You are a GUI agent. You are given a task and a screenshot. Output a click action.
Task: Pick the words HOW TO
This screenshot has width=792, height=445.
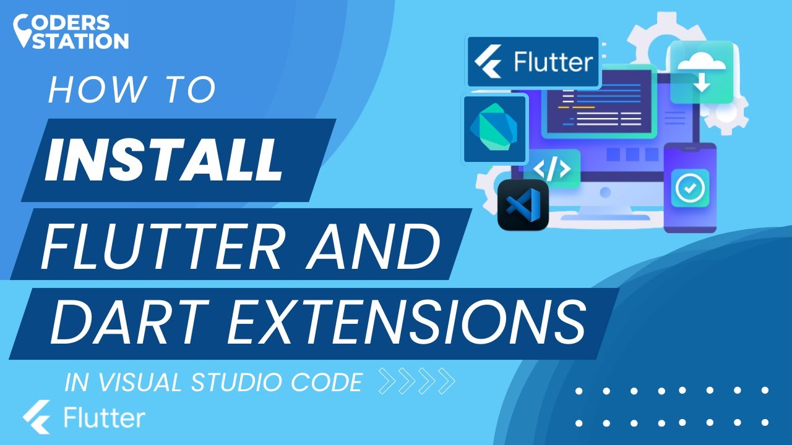[131, 91]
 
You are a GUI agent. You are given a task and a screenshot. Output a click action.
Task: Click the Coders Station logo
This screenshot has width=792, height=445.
[71, 32]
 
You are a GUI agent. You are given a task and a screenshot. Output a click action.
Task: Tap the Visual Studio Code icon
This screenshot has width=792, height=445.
[523, 205]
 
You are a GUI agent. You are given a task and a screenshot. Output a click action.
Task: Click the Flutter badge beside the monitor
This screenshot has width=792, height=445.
[533, 62]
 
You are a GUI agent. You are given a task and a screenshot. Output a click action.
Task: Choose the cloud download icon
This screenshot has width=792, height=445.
[701, 72]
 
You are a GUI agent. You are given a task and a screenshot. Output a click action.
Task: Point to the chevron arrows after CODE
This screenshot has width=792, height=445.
[416, 381]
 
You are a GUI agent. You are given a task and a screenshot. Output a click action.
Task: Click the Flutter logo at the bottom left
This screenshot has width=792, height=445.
[84, 418]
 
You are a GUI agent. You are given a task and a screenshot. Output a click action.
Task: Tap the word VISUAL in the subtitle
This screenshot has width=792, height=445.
[134, 383]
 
